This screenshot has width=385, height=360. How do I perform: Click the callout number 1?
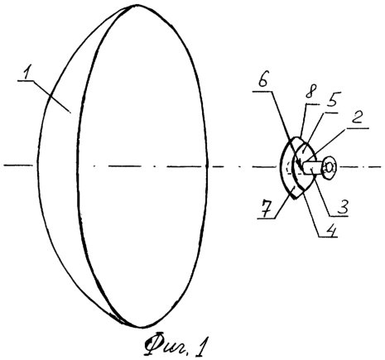point(26,74)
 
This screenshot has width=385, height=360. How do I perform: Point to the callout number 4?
point(331,229)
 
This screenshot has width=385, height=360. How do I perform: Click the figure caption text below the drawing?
point(176,345)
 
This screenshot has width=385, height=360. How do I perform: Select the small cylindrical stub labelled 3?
point(313,168)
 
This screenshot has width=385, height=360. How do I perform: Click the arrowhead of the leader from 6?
point(301,166)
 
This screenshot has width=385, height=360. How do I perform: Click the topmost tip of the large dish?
point(136,5)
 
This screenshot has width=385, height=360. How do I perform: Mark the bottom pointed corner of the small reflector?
point(294,199)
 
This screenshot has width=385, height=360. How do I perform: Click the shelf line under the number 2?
point(358,128)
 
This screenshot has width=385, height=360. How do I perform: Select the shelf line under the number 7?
point(267,218)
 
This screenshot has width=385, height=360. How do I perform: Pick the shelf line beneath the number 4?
point(328,237)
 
